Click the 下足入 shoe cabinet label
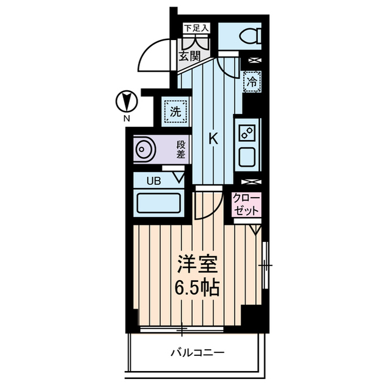196,28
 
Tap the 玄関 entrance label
190,56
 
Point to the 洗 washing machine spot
175,111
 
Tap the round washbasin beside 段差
144,149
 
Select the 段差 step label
181,149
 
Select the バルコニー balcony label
198,352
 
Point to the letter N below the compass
126,119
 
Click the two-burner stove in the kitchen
248,132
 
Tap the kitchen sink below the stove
248,156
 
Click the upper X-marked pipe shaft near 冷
251,60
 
